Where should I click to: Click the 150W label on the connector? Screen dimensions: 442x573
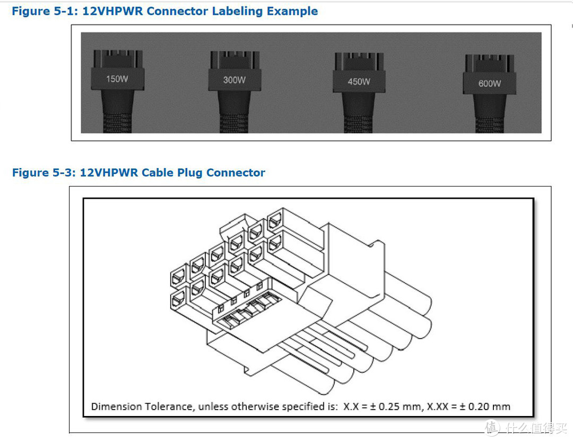coord(117,79)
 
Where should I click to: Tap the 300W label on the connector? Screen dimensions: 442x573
coord(234,80)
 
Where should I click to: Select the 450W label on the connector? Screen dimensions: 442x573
coord(359,82)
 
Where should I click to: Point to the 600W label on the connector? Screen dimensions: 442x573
coord(489,83)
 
